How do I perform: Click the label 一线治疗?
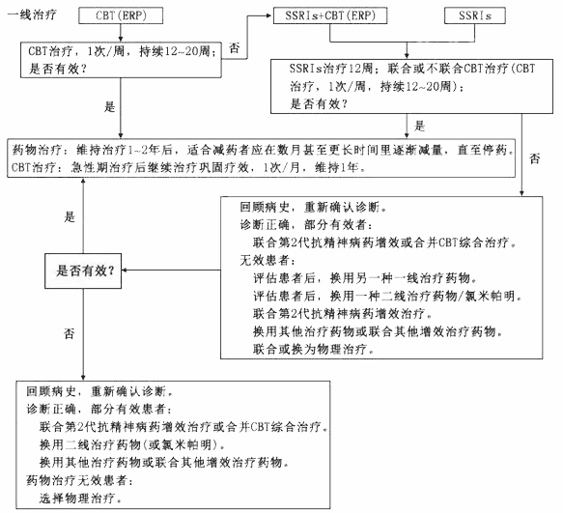pos(34,17)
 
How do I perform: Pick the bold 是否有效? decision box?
pos(84,271)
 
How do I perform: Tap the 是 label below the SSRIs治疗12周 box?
pos(420,126)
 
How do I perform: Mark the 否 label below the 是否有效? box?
pos(70,331)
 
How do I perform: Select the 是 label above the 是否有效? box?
pos(70,218)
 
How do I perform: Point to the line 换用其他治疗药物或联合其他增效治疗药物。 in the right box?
pos(378,330)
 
